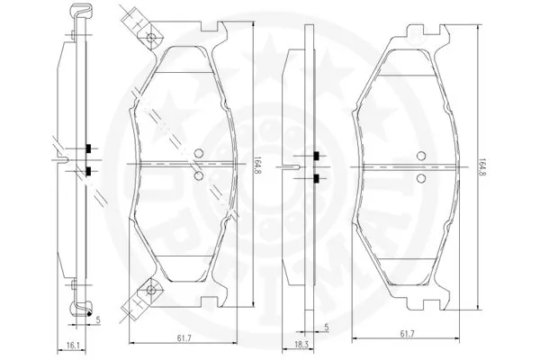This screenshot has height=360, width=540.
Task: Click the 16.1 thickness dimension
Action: point(73,344)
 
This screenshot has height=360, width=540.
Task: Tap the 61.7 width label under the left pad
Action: point(183,337)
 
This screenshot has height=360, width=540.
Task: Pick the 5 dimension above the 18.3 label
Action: point(326,328)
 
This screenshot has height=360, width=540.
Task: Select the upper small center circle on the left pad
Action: point(200,152)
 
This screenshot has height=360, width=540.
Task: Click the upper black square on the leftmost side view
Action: point(88,148)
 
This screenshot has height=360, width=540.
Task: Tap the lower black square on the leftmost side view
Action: point(88,171)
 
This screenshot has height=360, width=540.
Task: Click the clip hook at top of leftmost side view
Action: point(79,11)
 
